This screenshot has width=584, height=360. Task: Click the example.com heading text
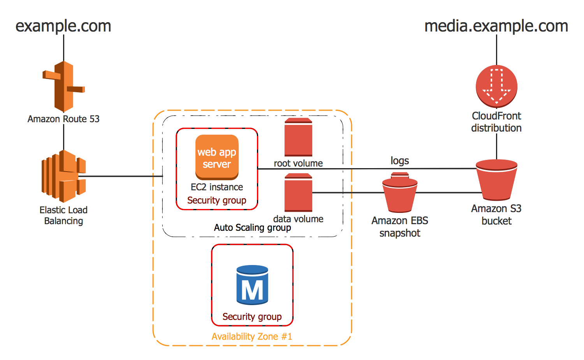[x=63, y=26]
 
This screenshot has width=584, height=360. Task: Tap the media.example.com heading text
[x=496, y=26]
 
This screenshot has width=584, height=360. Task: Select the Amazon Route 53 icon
[x=63, y=86]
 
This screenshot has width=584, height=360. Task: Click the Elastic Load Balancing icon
[x=63, y=176]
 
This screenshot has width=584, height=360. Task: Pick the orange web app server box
[x=217, y=157]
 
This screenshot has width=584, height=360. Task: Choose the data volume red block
[x=298, y=193]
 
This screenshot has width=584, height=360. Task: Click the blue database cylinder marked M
[x=252, y=285]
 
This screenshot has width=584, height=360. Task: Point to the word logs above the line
[x=400, y=160]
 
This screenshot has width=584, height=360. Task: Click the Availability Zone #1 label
[x=252, y=336]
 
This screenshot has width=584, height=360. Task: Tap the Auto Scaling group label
[x=252, y=227]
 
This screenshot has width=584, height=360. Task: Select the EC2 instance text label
[x=217, y=187]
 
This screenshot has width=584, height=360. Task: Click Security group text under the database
[x=252, y=316]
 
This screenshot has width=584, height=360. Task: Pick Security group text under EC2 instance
[x=217, y=200]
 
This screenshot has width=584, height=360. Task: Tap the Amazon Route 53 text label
[x=63, y=119]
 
